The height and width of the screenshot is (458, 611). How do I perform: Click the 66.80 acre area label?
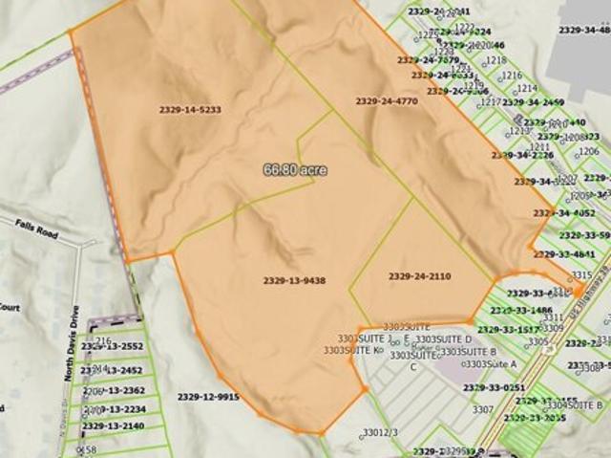point(295,169)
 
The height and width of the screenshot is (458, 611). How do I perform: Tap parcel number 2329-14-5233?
point(190,110)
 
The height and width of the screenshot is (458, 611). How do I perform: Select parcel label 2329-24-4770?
point(387,100)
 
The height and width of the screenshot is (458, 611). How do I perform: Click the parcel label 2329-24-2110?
point(419,276)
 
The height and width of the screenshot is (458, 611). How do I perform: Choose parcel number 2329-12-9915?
point(208,396)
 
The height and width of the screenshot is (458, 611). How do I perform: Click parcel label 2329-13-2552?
point(113,346)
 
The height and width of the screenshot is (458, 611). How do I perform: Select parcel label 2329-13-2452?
point(113,370)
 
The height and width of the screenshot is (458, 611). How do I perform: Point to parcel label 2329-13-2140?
point(114,425)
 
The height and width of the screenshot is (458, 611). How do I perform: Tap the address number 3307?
point(483,409)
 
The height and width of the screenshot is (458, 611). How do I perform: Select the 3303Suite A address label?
point(490,363)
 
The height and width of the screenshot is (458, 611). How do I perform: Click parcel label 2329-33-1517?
point(509,329)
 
